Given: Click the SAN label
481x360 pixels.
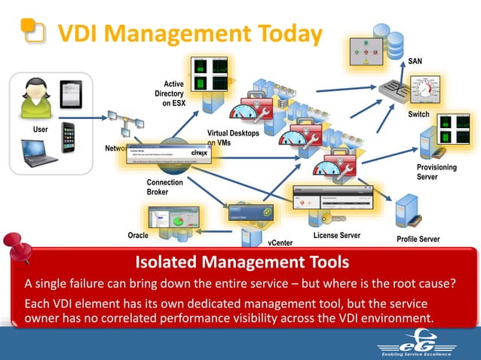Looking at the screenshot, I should pos(415,61).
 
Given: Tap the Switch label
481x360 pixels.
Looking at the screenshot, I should pos(418,114).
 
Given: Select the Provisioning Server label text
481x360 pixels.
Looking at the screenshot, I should pos(437,172).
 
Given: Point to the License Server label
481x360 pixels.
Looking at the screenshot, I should pos(336,236).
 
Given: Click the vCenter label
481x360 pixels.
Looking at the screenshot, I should pos(281,243).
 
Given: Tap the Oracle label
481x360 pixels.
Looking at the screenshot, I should pos(138,236).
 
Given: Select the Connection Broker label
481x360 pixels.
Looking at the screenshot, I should pos(160,188).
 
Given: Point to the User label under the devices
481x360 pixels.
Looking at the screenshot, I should pos(40,130).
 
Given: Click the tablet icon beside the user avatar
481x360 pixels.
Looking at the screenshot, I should pos(70,93).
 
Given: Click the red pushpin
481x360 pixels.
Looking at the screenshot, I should pos(16,248).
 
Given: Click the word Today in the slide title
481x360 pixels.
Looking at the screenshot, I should pos(278,33).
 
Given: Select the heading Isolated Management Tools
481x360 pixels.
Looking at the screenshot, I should pos(241,262).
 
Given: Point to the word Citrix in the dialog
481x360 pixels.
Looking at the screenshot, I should pos(200,152).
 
